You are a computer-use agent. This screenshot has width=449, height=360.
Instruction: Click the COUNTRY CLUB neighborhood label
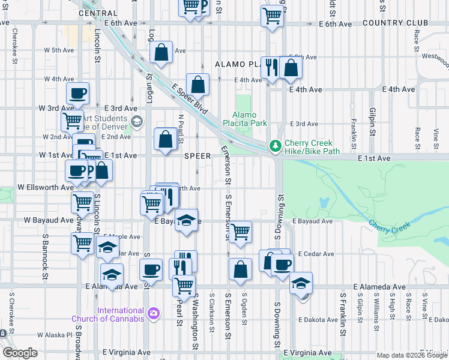(395, 23)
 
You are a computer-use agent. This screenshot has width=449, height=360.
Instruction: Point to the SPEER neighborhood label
(197, 156)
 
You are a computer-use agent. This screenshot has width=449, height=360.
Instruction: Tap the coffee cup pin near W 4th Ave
(77, 94)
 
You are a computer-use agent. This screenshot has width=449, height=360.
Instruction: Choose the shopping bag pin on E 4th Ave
(197, 85)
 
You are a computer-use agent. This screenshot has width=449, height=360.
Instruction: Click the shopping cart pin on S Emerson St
(240, 231)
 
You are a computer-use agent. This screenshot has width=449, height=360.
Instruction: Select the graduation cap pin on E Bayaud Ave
(187, 220)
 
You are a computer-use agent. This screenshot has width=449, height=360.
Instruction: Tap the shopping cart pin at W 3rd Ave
(72, 120)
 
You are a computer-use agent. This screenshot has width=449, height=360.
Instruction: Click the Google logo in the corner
(20, 353)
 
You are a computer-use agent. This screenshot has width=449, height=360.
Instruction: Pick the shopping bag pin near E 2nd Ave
(165, 139)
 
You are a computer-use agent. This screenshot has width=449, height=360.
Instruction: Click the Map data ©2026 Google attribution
(411, 355)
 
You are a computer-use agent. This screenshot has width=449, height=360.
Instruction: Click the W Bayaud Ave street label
(48, 220)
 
